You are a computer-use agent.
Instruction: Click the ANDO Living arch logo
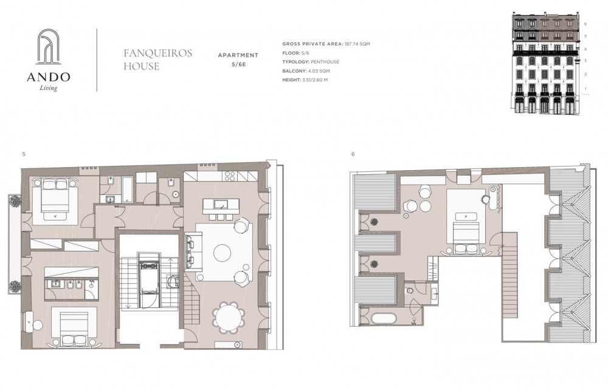48,46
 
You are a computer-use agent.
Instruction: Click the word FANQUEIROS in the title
158,53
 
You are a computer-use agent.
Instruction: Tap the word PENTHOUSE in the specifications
325,61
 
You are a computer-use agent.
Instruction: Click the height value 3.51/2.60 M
315,80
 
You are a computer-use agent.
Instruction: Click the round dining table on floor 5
229,317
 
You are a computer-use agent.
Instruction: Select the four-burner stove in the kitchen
230,176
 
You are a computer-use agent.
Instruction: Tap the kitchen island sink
220,205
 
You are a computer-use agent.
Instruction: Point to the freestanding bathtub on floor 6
384,319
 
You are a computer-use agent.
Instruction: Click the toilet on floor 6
409,290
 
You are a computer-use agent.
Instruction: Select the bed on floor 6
466,233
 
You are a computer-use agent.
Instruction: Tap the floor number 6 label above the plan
353,154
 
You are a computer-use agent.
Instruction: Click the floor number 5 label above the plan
24,154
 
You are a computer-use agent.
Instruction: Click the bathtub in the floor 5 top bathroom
128,190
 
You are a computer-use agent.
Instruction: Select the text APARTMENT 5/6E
238,60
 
